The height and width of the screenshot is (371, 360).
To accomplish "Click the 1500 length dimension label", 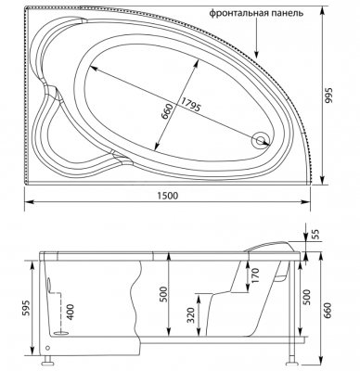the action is tap(169, 196).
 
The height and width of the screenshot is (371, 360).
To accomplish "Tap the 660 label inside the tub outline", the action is tap(167, 111).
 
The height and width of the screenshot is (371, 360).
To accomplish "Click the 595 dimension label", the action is tap(26, 309).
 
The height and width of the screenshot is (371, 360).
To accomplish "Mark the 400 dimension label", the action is tap(71, 313).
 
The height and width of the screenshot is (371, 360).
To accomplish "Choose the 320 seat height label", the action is tap(192, 315).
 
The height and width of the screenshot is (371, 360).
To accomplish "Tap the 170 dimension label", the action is tap(255, 276).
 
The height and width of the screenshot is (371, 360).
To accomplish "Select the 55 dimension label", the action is tap(315, 235).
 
